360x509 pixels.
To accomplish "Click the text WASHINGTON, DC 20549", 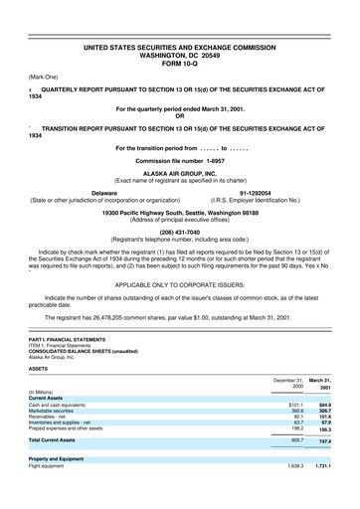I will tap(179, 54).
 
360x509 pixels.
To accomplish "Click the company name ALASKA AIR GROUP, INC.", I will tap(179, 172).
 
